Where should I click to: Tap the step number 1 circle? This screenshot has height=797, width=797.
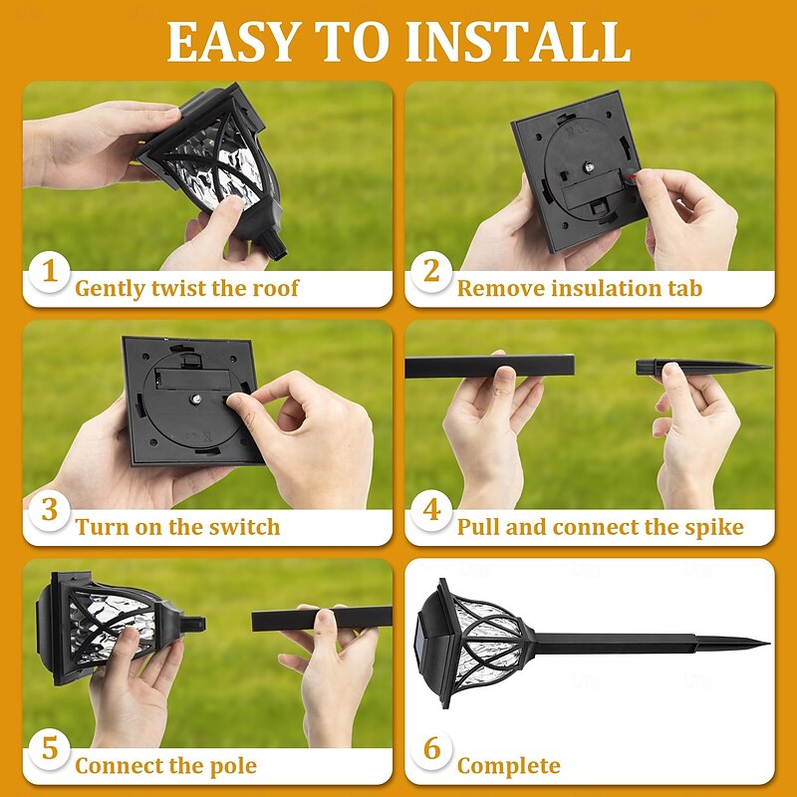tap(49, 272)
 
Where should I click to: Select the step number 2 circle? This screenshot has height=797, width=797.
tap(431, 272)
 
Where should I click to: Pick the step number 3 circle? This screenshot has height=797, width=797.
tap(49, 511)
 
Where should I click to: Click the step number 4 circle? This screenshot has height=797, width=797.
tap(431, 511)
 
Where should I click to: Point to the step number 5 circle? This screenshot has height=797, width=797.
tap(49, 749)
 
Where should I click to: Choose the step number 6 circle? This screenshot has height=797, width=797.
tap(431, 749)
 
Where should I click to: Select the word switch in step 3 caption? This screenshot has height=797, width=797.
tap(243, 527)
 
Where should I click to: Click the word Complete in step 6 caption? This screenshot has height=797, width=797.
tap(508, 766)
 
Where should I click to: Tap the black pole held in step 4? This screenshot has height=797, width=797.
tap(488, 366)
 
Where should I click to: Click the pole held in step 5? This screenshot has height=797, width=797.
tap(319, 619)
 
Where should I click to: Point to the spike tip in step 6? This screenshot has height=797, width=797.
tap(763, 643)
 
